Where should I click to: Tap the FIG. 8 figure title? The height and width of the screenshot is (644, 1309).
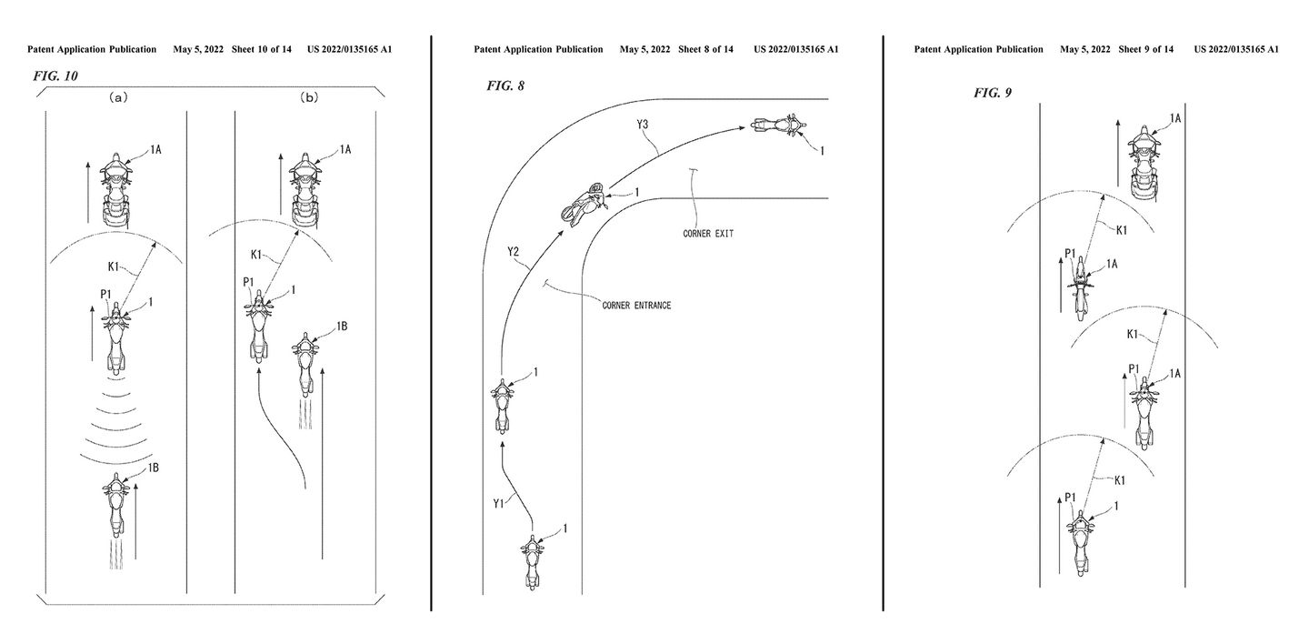(x=505, y=86)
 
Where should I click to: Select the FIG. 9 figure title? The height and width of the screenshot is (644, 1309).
(x=993, y=93)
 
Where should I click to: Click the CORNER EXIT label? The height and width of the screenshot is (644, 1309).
(x=708, y=234)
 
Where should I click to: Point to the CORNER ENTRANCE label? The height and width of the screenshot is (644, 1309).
(x=636, y=305)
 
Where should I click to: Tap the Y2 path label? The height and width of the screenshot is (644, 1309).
(x=515, y=264)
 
